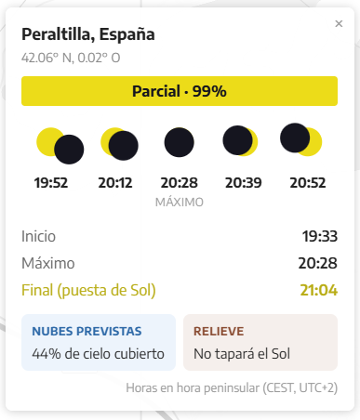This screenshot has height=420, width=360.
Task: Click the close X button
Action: click(x=339, y=23)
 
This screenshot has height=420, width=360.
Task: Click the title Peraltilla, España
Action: click(x=88, y=34)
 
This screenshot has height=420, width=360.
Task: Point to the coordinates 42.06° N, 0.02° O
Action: click(x=71, y=58)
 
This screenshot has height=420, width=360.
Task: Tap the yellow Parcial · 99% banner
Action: click(x=180, y=91)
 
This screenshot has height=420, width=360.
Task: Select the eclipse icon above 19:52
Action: click(x=60, y=146)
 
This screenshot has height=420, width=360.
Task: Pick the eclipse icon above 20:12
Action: click(x=119, y=144)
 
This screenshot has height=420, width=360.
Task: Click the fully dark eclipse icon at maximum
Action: click(x=179, y=142)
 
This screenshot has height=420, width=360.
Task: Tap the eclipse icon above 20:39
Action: click(x=240, y=140)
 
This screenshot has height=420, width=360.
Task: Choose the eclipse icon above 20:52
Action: click(x=300, y=139)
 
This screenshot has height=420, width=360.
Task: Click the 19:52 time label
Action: click(x=51, y=183)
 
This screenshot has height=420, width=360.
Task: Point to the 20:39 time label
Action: click(x=244, y=183)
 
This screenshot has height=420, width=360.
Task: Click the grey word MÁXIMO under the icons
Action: click(x=180, y=202)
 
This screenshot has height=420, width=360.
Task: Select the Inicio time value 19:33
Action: click(x=320, y=236)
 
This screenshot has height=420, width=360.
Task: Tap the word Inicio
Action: click(x=38, y=236)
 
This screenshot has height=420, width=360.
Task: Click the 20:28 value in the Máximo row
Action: click(x=318, y=263)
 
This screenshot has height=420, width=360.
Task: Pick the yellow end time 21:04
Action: click(x=319, y=290)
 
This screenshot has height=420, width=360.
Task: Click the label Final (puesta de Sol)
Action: click(x=88, y=291)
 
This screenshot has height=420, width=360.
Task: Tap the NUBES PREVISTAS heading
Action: click(x=87, y=331)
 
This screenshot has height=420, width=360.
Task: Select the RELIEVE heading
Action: click(x=219, y=331)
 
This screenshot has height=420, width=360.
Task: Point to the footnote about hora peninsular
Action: click(x=232, y=387)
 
